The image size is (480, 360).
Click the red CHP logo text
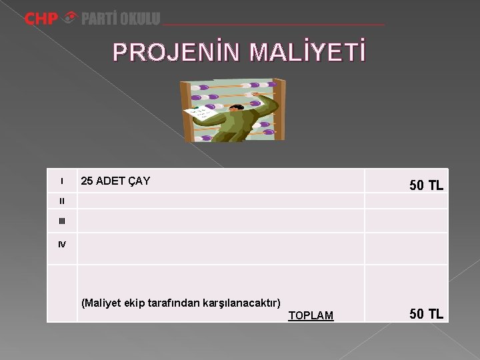[41, 19]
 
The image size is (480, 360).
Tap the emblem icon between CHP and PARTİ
[69, 19]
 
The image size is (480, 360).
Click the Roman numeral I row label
[62, 181]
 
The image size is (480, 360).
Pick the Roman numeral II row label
[62, 201]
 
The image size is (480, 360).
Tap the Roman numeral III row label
[62, 221]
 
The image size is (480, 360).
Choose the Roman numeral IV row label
[62, 245]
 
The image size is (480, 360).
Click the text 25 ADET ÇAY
[115, 181]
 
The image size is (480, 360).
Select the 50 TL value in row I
[426, 186]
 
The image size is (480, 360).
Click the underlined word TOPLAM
[311, 315]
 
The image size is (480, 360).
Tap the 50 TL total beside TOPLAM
[426, 314]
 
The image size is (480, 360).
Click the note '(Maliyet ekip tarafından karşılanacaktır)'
[181, 303]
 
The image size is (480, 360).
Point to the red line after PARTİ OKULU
[273, 24]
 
